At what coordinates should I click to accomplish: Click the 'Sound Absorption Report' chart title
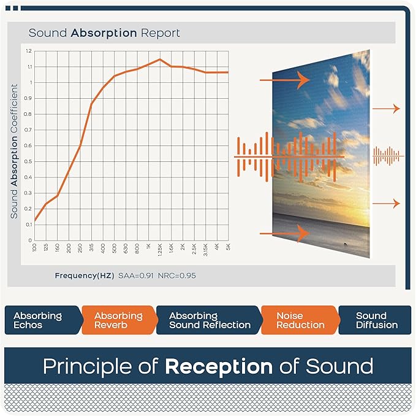click(x=104, y=33)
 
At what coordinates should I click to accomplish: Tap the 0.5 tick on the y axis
click(x=29, y=162)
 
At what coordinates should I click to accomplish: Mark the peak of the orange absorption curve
click(x=159, y=60)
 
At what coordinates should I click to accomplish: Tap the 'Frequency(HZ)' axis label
click(x=84, y=275)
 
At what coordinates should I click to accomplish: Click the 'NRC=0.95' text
click(x=176, y=275)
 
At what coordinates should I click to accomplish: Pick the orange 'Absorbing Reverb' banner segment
click(x=118, y=320)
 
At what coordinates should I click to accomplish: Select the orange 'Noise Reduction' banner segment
click(x=298, y=320)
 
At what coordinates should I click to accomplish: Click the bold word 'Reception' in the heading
click(x=219, y=366)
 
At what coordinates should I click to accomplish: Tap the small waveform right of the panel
click(x=388, y=156)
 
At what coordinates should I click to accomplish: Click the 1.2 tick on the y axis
click(x=29, y=51)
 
